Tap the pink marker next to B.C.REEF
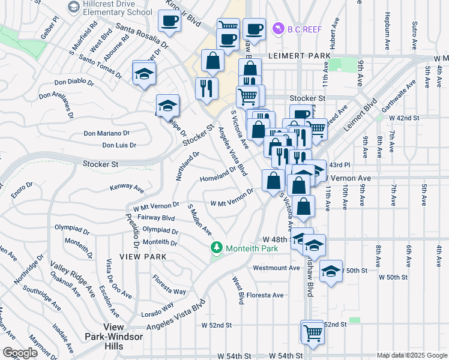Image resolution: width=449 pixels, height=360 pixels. pyautogui.click(x=278, y=28)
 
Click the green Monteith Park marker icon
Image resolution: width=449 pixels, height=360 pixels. pyautogui.click(x=216, y=248)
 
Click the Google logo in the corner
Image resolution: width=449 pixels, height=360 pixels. pyautogui.click(x=20, y=353)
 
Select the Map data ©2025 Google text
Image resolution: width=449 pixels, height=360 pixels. pyautogui.click(x=412, y=355)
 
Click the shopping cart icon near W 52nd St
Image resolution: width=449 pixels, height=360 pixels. pyautogui.click(x=312, y=332)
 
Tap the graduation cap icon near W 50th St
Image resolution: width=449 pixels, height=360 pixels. pyautogui.click(x=331, y=271)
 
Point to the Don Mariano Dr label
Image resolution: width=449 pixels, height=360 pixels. pyautogui.click(x=107, y=133)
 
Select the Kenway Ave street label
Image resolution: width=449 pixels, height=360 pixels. pyautogui.click(x=127, y=188)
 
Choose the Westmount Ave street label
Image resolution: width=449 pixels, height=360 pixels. pyautogui.click(x=276, y=268)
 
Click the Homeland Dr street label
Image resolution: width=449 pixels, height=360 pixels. pyautogui.click(x=218, y=175)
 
